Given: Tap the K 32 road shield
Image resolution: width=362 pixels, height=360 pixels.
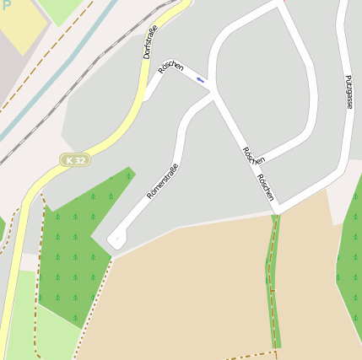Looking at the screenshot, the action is point(75,159).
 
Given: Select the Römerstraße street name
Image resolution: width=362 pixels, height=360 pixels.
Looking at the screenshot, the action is point(162,180).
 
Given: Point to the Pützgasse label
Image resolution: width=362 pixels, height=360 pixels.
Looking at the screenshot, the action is point(348,92).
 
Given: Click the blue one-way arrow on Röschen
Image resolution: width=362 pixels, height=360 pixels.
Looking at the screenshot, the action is point(200,79).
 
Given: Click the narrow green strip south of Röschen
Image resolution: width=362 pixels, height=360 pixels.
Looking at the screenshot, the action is point(274,278).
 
